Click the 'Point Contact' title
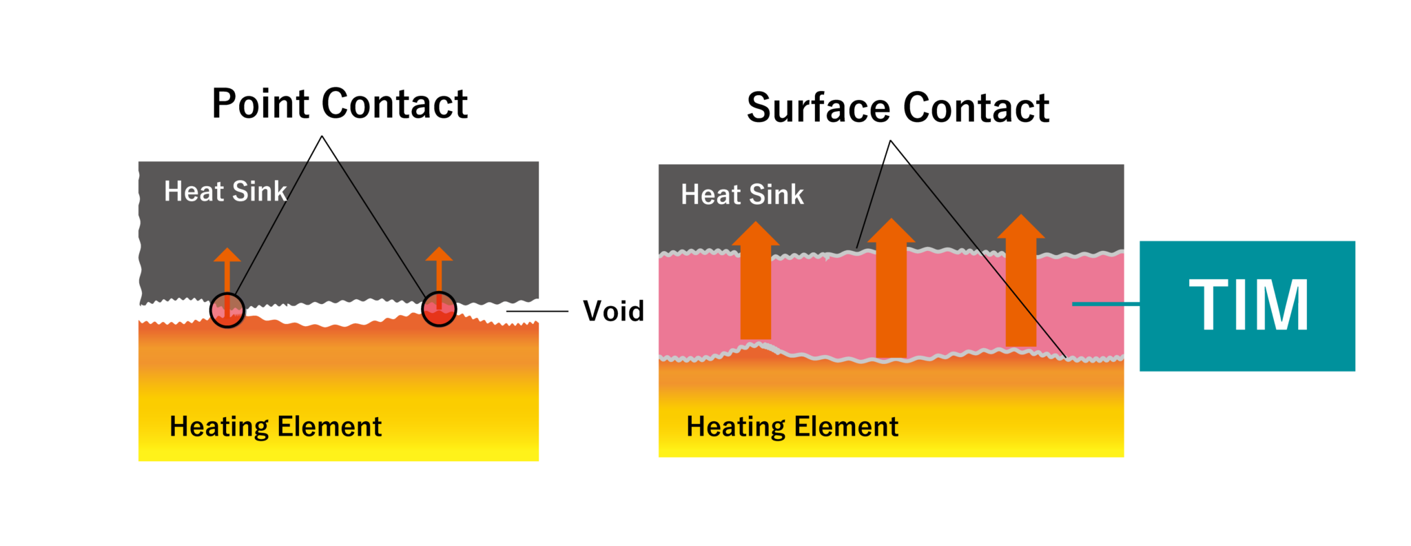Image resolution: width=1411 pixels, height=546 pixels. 339,104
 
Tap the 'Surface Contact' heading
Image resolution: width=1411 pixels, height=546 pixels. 897,108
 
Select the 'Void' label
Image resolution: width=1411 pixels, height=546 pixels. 613,312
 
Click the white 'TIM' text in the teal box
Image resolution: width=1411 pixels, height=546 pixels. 1248,305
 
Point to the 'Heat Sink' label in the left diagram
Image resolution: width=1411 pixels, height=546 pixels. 225,192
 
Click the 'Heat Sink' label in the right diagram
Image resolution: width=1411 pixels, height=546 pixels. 742,195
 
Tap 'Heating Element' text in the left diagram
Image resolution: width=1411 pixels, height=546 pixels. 276,427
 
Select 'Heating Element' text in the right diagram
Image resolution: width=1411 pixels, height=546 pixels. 792,427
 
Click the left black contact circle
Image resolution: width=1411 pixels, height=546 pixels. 227,310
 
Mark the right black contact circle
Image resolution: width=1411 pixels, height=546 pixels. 439,309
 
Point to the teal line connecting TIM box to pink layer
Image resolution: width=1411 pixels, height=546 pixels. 1106,304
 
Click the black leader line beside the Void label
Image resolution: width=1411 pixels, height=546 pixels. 537,312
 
